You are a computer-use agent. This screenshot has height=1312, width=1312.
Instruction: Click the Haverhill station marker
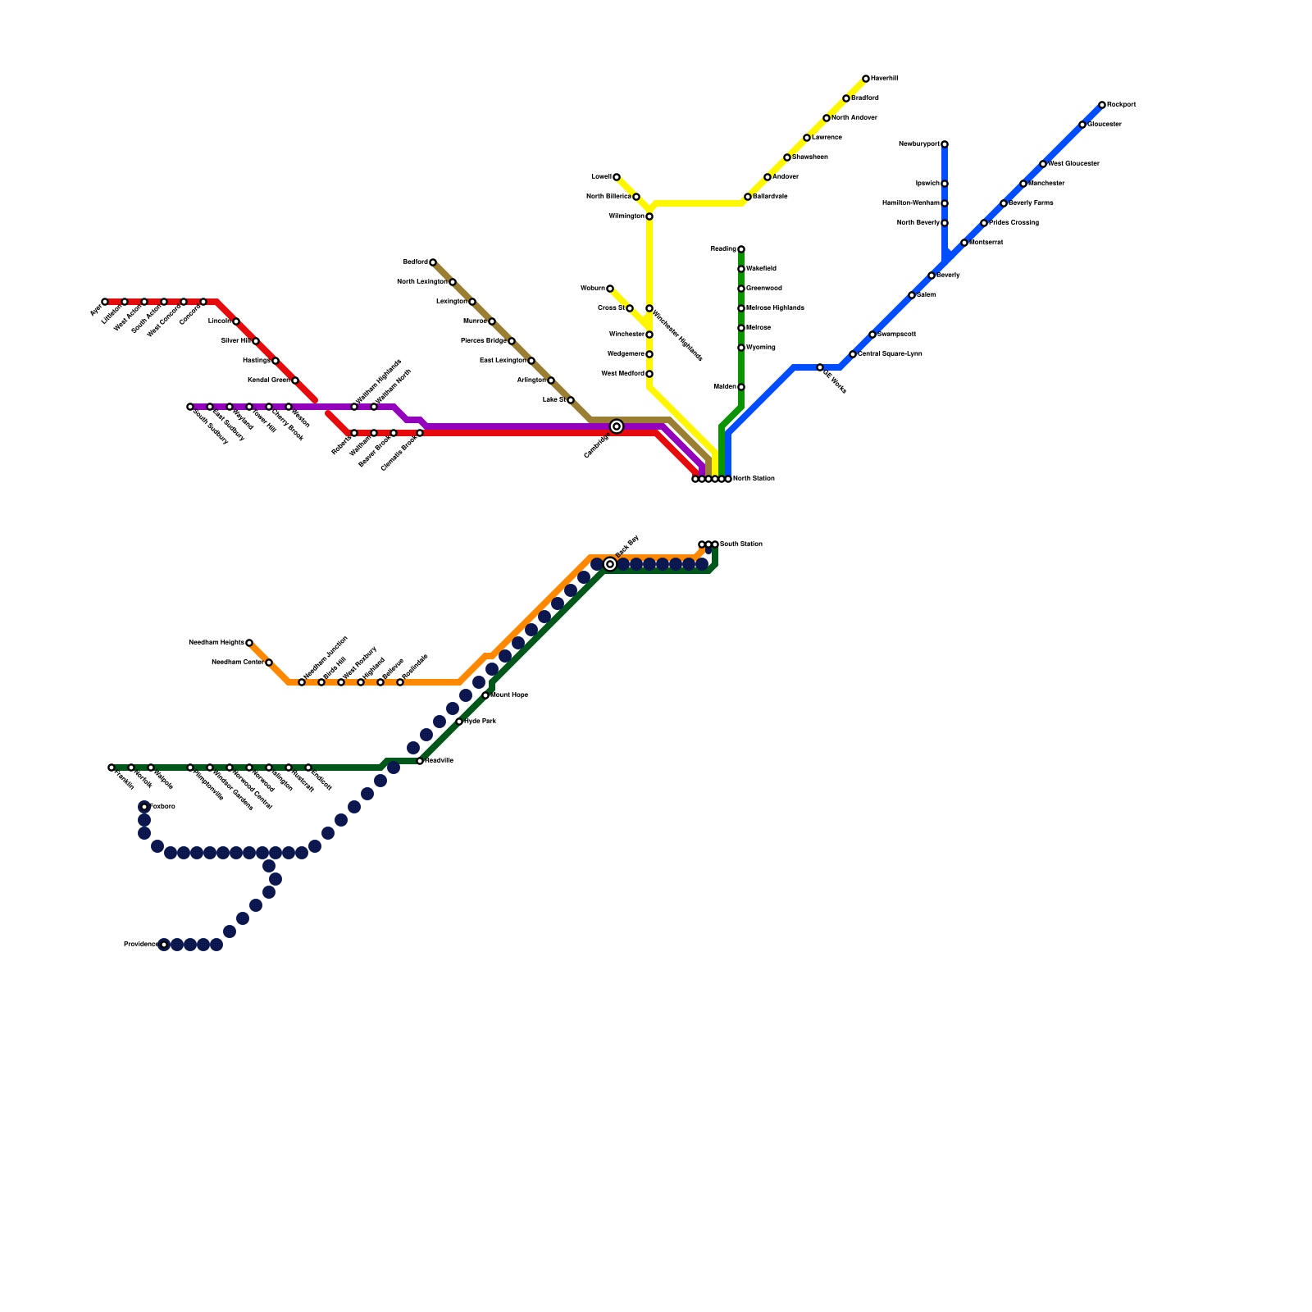point(866,79)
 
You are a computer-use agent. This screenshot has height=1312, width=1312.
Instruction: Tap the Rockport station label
point(1121,105)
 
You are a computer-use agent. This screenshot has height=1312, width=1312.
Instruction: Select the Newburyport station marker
point(945,144)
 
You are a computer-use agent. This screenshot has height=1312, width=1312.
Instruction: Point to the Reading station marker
point(741,249)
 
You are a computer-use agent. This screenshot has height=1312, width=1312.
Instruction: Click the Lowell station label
point(601,177)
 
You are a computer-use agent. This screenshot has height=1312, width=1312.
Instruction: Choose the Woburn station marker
point(610,289)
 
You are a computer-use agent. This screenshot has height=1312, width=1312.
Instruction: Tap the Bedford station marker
point(433,262)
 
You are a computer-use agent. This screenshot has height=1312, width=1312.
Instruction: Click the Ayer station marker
point(105,302)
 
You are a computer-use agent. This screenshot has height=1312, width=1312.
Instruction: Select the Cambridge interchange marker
point(617,426)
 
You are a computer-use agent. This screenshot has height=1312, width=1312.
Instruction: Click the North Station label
point(754,479)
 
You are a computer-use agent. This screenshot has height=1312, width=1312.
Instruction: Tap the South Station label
point(741,544)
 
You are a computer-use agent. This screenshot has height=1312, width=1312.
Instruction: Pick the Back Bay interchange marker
point(610,564)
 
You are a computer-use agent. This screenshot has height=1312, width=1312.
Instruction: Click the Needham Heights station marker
point(249,643)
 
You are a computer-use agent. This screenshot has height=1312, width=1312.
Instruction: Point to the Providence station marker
point(164,945)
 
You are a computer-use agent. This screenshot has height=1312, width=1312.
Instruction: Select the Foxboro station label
point(162,807)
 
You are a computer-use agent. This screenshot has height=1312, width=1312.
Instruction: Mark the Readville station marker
point(420,761)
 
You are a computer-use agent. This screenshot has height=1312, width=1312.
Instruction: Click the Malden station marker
point(741,387)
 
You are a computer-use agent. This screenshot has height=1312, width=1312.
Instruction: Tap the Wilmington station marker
point(649,216)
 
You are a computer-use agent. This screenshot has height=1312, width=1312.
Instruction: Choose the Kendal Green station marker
point(295,380)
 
